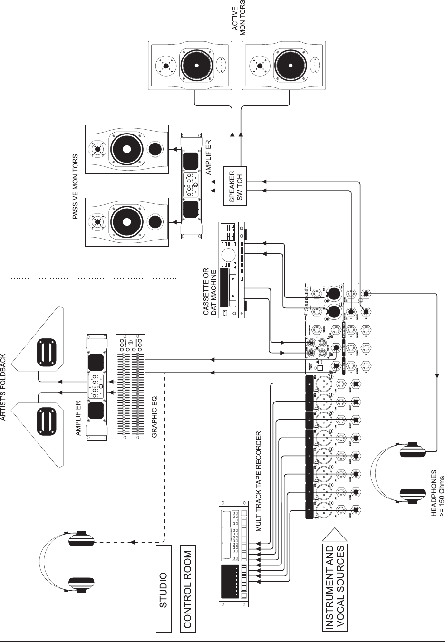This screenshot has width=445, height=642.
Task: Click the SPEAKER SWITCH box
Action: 236,186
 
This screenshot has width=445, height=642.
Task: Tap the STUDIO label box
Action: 164,589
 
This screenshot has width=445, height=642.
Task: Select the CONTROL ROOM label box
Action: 187,589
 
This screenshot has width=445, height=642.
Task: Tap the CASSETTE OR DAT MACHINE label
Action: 210,292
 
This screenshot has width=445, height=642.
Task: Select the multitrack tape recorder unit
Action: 233,554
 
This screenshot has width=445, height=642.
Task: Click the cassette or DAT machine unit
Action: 232,270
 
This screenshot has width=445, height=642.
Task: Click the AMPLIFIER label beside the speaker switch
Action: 207,158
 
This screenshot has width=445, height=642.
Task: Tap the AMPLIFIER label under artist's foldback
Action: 78,418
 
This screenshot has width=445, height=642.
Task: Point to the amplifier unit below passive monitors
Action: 192,186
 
